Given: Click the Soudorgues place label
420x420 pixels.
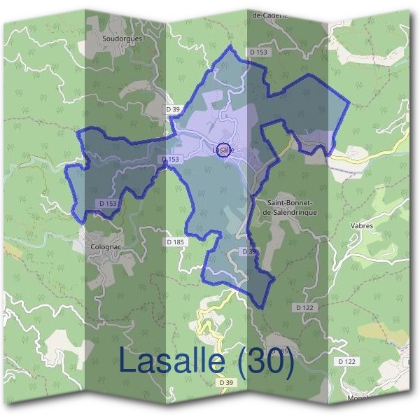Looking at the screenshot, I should coord(122,38).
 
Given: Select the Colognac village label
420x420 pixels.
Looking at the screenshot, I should coord(106,246).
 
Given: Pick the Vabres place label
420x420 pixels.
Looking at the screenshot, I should coord(361,226).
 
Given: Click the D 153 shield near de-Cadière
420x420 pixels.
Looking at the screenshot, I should coord(258,52).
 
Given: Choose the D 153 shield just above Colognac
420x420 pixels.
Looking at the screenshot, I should coord(107,203).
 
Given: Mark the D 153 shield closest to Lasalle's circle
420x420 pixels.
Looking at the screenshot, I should coord(171,160).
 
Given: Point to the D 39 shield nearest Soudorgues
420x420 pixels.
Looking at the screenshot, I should coord(173,109).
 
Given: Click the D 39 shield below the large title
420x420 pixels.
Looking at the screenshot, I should coord(225,383).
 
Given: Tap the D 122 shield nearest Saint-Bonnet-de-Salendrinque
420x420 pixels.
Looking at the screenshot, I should coord(304,307).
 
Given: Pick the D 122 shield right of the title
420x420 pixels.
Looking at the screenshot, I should coord(346,361).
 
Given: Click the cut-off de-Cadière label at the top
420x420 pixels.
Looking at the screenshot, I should coord(269,14).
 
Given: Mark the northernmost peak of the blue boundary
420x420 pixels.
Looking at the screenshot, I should coord(230,46).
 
